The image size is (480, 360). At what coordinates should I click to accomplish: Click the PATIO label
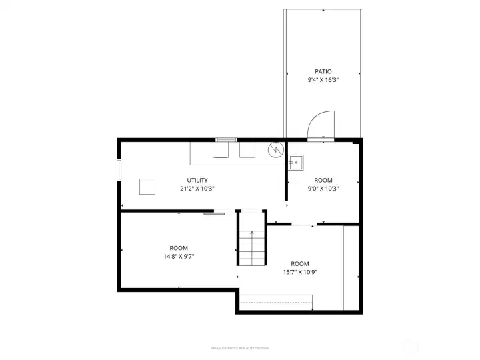pyautogui.click(x=323, y=71)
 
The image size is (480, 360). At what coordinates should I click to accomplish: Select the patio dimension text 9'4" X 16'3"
pyautogui.click(x=323, y=80)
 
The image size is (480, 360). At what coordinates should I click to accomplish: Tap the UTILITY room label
pyautogui.click(x=197, y=180)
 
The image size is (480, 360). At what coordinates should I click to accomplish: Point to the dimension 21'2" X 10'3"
pyautogui.click(x=197, y=189)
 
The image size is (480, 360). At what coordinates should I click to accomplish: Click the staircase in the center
pyautogui.click(x=252, y=247)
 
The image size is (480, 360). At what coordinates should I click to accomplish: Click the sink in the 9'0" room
pyautogui.click(x=296, y=162)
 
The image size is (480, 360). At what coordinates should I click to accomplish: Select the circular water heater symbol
pyautogui.click(x=275, y=151)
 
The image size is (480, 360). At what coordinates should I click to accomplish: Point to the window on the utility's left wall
pyautogui.click(x=119, y=169)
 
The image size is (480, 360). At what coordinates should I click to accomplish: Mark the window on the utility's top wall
pyautogui.click(x=226, y=140)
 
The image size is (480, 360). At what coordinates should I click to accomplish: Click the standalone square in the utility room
pyautogui.click(x=147, y=186)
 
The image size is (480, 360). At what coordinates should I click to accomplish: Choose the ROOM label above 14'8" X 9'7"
pyautogui.click(x=178, y=248)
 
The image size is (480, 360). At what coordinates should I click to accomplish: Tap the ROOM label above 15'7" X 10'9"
pyautogui.click(x=299, y=263)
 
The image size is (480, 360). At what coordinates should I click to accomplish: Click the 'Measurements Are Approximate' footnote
pyautogui.click(x=240, y=348)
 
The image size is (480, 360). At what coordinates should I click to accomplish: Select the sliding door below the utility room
pyautogui.click(x=214, y=213)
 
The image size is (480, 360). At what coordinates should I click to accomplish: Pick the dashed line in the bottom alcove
pyautogui.click(x=276, y=303)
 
